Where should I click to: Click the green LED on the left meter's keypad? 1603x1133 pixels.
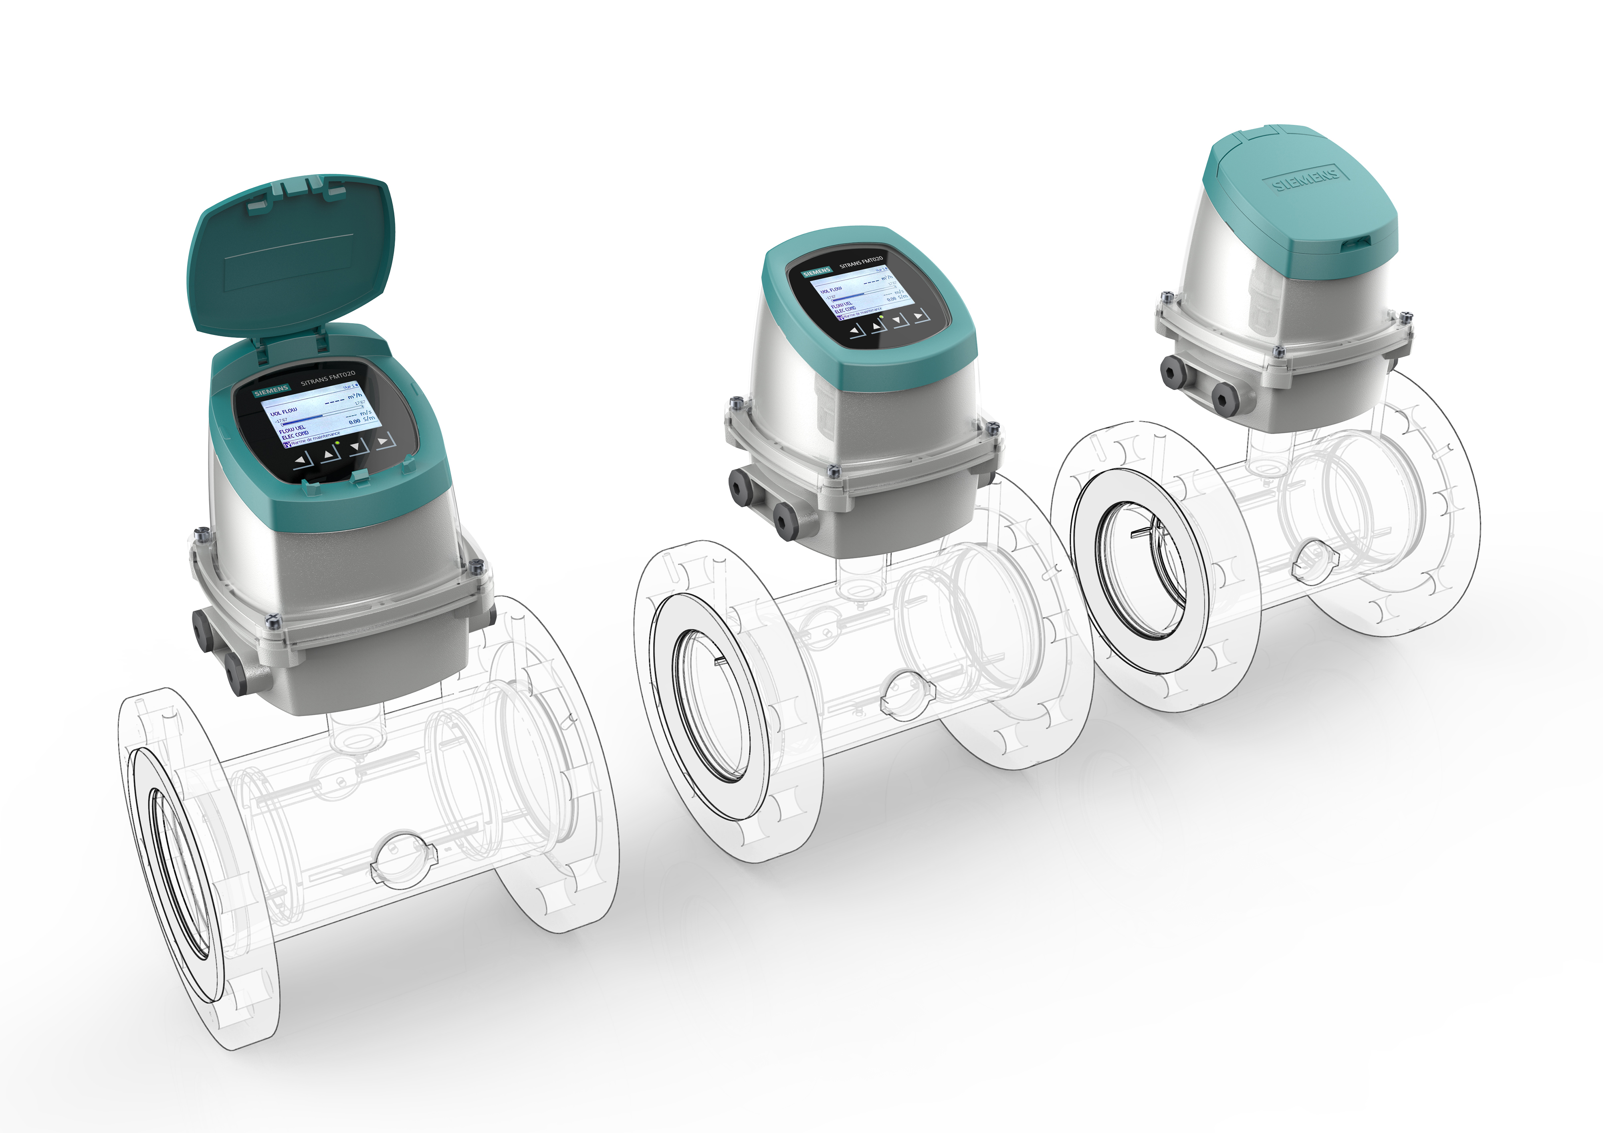click(x=337, y=443)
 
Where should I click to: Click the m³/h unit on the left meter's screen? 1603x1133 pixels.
click(x=355, y=397)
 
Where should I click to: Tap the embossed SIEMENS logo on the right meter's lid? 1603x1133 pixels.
click(x=1306, y=178)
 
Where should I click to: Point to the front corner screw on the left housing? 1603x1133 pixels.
click(x=273, y=620)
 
